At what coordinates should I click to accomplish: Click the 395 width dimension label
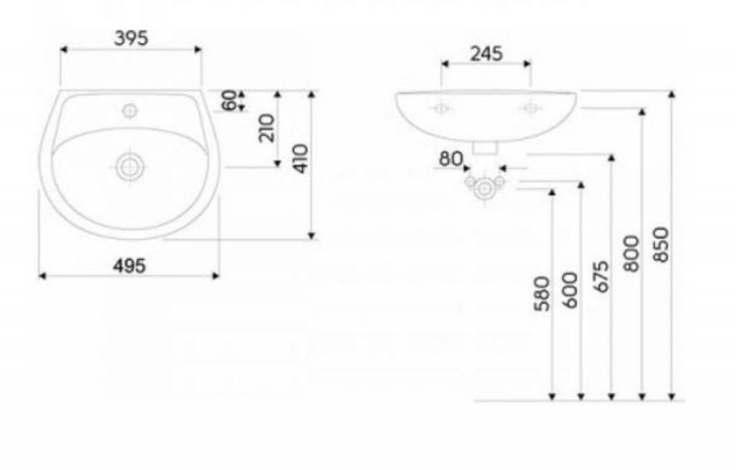point(131,39)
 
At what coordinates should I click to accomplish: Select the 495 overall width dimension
point(130,266)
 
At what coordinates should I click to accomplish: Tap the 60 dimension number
point(229,100)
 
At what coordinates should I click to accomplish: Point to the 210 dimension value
point(267,128)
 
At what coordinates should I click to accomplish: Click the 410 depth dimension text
point(301,158)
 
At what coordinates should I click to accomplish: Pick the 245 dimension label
point(487,53)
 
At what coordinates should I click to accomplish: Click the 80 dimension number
point(451,159)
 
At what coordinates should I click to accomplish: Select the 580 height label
point(542,294)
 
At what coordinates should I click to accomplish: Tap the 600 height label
point(570,290)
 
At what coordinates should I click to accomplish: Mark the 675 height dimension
point(602,277)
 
